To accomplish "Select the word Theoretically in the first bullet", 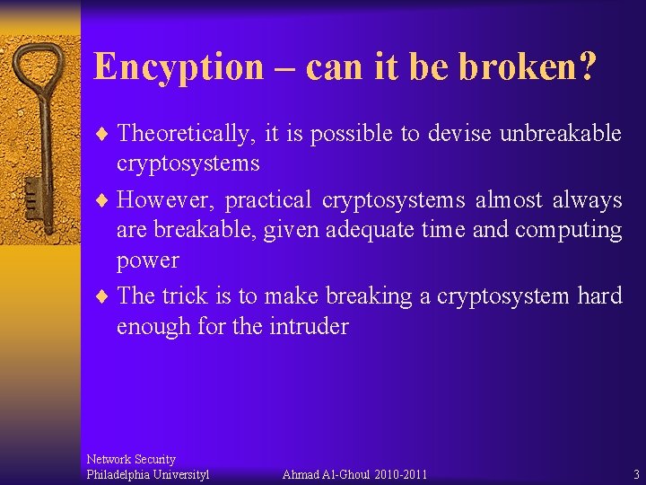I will pyautogui.click(x=185, y=134).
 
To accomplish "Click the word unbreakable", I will pyautogui.click(x=561, y=133).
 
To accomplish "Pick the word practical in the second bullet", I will pyautogui.click(x=267, y=199).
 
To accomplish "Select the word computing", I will pyautogui.click(x=569, y=230).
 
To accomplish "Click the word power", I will pyautogui.click(x=148, y=260).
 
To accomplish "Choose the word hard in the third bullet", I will pyautogui.click(x=598, y=295).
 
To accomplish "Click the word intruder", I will pyautogui.click(x=308, y=326).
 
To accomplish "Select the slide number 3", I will pyautogui.click(x=636, y=474).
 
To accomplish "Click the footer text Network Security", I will pyautogui.click(x=131, y=459).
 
